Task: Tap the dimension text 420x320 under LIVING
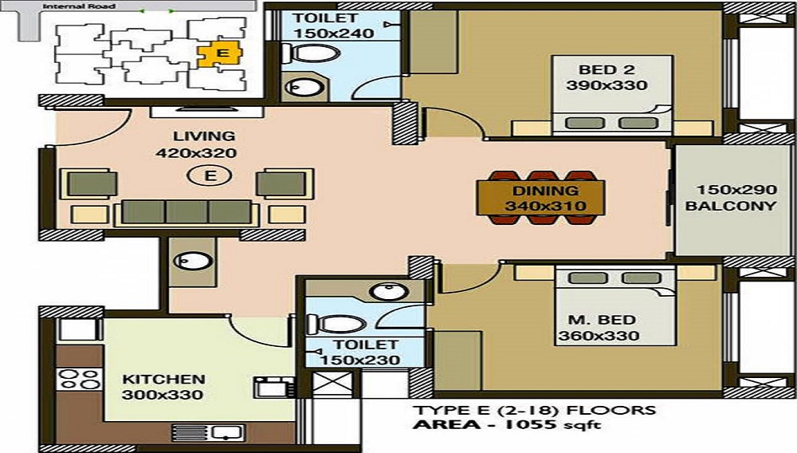204,153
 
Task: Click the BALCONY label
730,206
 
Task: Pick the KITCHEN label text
163,380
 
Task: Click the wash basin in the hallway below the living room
192,262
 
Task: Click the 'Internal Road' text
67,6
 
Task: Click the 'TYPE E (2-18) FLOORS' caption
533,411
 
